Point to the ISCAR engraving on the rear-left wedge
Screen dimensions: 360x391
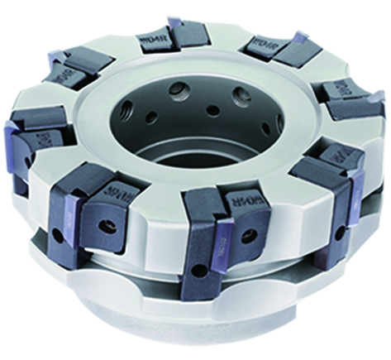coord(67,72)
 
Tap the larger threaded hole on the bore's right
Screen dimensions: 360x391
coord(241,96)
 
